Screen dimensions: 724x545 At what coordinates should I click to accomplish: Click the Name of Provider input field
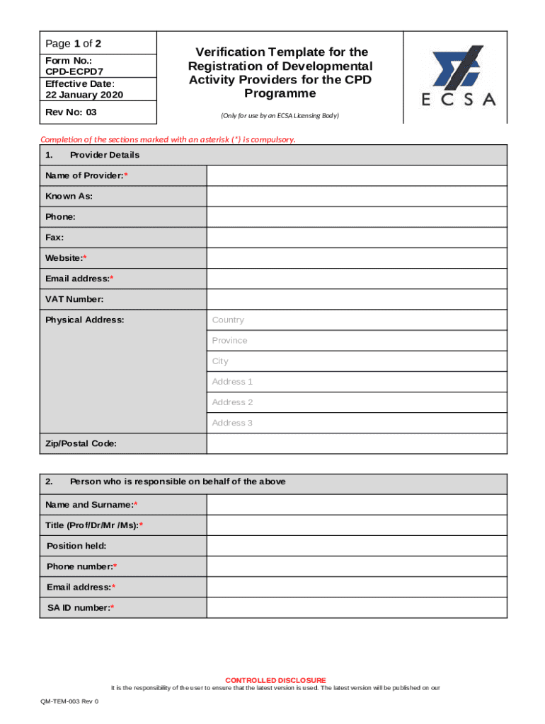point(357,175)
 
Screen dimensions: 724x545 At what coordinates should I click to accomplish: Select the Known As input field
point(357,196)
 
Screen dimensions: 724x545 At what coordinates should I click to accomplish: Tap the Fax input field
point(357,238)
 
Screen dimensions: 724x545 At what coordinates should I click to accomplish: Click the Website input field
point(357,258)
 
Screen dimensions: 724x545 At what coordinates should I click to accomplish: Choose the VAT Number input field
point(357,299)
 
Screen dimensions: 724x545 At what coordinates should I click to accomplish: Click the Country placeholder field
point(357,320)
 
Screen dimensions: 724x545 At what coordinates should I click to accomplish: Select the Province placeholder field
point(357,341)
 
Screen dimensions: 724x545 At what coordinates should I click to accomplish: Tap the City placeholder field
point(357,361)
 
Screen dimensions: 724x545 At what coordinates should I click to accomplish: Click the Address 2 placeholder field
point(357,402)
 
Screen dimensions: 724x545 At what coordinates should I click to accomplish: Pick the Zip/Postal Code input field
point(357,443)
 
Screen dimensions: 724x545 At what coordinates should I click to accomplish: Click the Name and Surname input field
point(357,505)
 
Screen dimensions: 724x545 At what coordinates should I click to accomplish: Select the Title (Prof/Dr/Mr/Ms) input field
point(357,525)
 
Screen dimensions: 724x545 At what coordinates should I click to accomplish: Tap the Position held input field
point(357,546)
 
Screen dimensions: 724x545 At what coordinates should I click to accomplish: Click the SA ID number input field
point(357,607)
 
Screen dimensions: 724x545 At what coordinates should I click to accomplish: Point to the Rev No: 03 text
point(71,112)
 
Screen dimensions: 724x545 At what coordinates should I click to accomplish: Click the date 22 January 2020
point(84,95)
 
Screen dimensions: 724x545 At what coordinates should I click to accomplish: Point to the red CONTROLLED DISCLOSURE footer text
point(275,680)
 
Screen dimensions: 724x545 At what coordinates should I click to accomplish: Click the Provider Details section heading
point(105,155)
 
